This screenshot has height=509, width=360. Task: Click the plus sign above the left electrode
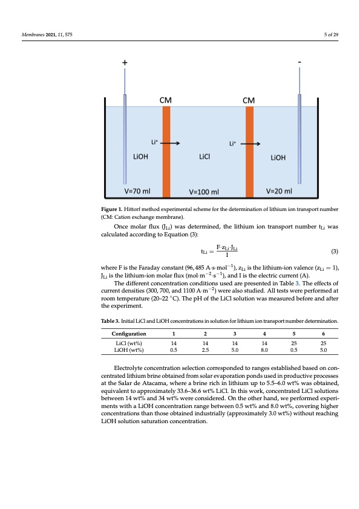tap(125, 62)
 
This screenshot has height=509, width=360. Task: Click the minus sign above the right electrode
tap(299, 62)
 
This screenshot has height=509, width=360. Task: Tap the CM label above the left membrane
tap(165, 100)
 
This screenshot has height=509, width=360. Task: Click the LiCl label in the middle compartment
tap(205, 157)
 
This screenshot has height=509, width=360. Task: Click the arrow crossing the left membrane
tap(169, 144)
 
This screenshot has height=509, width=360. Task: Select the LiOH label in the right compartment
tap(278, 158)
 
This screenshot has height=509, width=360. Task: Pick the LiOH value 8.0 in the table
tap(264, 349)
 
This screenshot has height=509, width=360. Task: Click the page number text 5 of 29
tap(331, 33)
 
